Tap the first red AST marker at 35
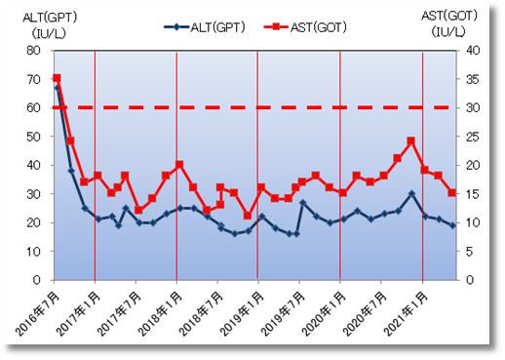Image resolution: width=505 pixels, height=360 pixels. tap(57, 78)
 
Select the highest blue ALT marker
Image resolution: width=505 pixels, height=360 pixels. tap(57, 87)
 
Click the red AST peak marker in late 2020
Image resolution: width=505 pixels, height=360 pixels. tap(411, 141)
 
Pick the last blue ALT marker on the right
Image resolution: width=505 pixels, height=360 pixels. tap(453, 225)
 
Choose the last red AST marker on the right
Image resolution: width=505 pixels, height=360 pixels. tap(453, 192)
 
